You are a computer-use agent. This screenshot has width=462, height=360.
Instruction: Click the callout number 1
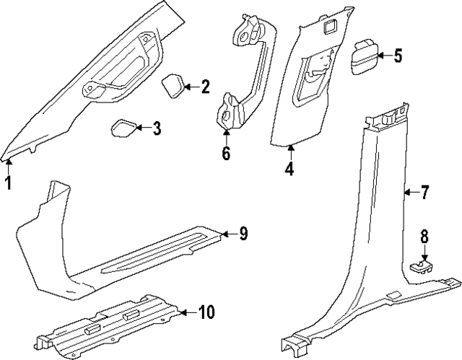[9, 183]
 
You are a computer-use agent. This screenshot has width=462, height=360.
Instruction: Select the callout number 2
[206, 88]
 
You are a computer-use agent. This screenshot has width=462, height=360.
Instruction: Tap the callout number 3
[156, 130]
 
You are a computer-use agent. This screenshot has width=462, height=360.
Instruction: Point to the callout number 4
[289, 170]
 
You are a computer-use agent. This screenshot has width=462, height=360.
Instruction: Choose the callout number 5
[398, 56]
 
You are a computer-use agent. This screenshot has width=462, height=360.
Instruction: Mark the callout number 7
[424, 193]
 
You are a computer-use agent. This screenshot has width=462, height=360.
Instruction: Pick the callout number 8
[424, 236]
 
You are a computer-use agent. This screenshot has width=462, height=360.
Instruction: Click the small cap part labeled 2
[174, 86]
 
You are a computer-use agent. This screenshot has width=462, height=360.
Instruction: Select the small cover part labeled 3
[122, 129]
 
